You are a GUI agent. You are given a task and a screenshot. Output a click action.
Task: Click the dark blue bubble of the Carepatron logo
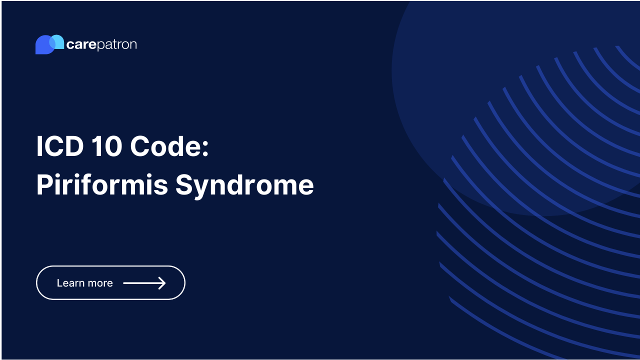[42, 46]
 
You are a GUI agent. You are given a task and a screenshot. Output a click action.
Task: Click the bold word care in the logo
[81, 45]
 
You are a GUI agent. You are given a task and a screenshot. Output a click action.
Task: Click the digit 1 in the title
[95, 147]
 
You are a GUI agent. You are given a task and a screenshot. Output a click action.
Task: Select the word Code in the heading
[164, 147]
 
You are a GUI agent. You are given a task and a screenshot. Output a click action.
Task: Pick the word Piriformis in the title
[102, 185]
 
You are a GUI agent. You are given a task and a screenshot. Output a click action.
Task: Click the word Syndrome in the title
[244, 185]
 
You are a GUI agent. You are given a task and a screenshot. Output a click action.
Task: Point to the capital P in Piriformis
[44, 185]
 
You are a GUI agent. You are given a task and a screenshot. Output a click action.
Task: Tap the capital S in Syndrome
[184, 185]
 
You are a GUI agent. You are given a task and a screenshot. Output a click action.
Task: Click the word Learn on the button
[70, 283]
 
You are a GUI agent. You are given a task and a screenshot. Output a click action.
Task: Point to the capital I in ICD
[39, 147]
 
